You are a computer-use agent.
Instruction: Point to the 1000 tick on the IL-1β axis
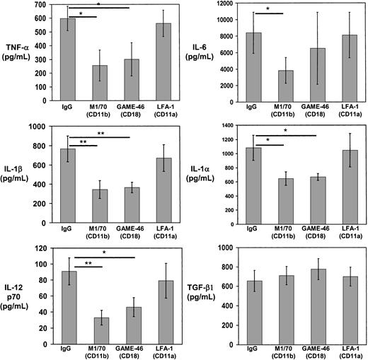tap(40, 127)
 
